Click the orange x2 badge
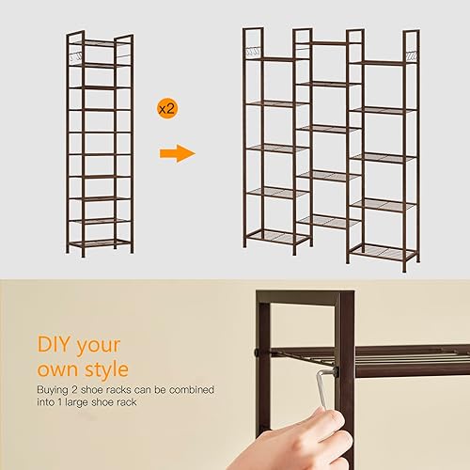click(166, 109)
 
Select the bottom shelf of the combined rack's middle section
click(325, 221)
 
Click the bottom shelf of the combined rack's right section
click(381, 251)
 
